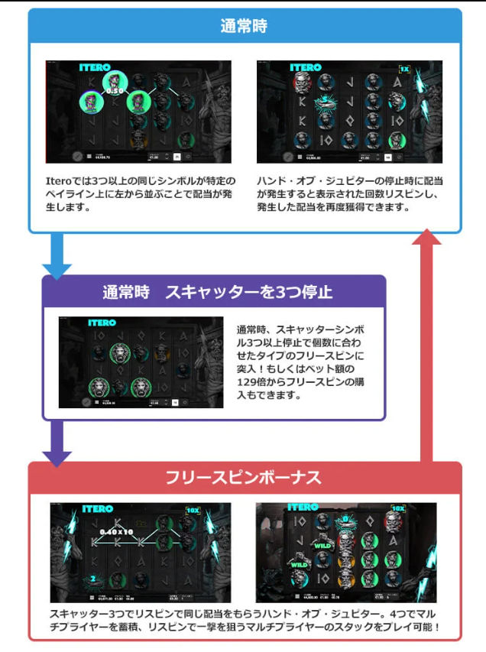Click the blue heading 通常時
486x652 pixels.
tap(244, 25)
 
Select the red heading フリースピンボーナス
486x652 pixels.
tap(244, 478)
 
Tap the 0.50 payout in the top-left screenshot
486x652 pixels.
tap(115, 91)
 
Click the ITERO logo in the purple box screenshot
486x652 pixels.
tap(102, 323)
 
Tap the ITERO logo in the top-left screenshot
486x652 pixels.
tap(95, 68)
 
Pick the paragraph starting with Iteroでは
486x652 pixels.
tap(141, 194)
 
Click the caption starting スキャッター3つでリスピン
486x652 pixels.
tap(244, 621)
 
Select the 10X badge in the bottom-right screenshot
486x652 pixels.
tap(398, 508)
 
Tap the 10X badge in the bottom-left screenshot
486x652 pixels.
tap(193, 510)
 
